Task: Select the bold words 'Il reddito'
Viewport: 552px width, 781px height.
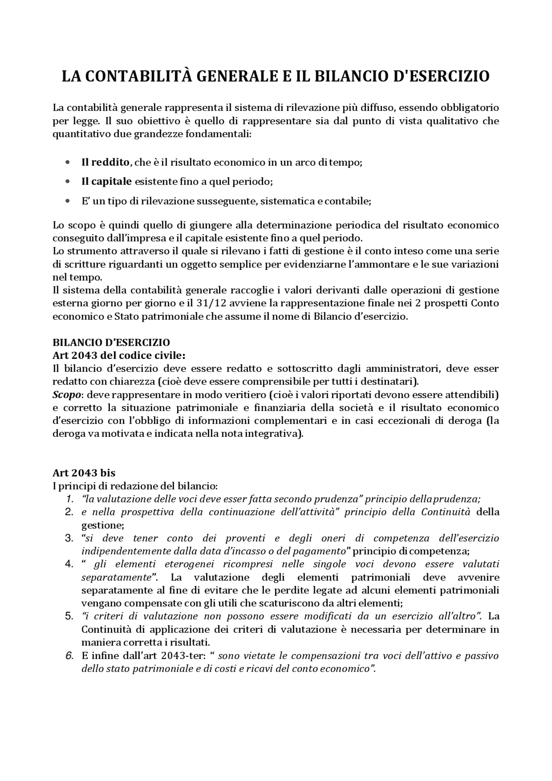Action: pos(105,162)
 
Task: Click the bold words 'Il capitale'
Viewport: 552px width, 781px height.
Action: pos(106,181)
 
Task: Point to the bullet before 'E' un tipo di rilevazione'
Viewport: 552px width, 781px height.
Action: pos(67,201)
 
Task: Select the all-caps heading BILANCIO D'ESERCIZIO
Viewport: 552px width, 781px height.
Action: pos(111,342)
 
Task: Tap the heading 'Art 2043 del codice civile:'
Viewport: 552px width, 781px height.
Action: pos(119,355)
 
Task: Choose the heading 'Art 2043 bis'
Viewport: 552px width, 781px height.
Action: pos(84,473)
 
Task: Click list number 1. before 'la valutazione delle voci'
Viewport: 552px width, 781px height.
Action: pos(69,499)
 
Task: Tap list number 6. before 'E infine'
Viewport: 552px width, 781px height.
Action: pos(69,656)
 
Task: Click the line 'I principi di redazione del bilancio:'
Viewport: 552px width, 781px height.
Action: pos(135,486)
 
